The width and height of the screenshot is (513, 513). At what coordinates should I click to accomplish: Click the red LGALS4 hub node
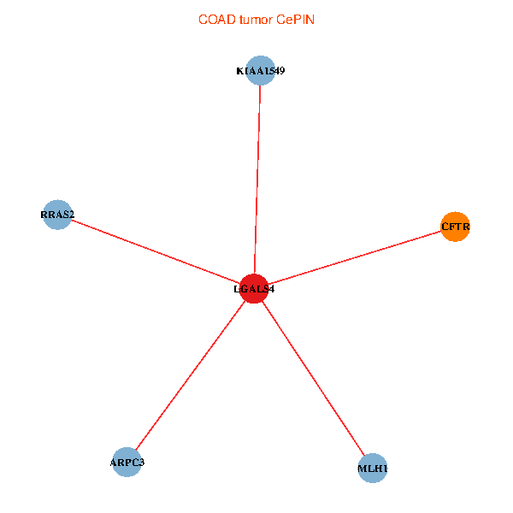point(254,289)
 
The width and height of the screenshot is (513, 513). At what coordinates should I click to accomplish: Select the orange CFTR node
point(456,227)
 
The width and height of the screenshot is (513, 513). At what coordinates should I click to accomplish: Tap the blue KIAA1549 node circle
point(260,71)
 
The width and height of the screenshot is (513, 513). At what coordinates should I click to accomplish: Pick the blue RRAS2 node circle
point(56,215)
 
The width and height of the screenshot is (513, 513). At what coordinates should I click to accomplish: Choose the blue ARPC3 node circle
point(127,463)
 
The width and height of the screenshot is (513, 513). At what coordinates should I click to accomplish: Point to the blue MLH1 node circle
point(373,469)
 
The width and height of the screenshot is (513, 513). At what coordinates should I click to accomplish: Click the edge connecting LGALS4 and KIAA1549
point(256,180)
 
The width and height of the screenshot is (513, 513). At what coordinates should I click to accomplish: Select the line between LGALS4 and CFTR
point(355,257)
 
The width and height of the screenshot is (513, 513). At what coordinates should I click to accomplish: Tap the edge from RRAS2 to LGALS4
point(154,251)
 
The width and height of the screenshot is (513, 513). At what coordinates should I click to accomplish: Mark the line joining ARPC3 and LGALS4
point(190,376)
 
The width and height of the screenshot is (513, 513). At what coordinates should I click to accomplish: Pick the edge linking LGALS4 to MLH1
point(313,379)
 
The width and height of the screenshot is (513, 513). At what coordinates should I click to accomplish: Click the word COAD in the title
point(215,20)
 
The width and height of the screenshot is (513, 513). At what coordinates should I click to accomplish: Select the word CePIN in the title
point(295,20)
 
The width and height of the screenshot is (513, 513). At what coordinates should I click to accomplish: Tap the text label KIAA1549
point(260,71)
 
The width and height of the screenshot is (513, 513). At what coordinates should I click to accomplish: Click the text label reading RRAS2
point(57,214)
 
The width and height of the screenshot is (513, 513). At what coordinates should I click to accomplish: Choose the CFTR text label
point(456,227)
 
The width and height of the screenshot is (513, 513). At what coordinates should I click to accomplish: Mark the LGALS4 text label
point(254,289)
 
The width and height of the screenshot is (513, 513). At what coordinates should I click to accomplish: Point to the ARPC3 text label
point(127,463)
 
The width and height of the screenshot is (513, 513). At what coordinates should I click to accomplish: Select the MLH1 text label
point(373,469)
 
